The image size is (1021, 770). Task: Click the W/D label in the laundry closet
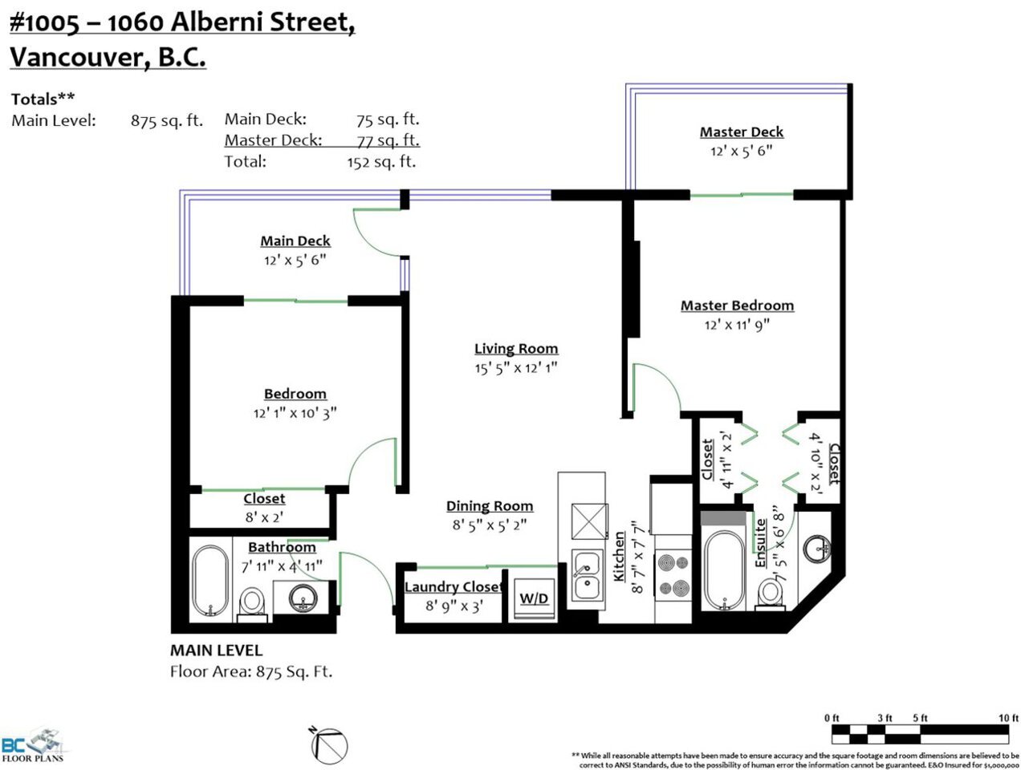coord(534,598)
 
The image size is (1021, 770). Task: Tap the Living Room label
coord(516,348)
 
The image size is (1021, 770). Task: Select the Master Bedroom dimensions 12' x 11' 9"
coord(737,324)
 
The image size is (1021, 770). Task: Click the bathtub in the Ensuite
coord(725,570)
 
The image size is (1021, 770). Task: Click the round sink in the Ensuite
coord(817,549)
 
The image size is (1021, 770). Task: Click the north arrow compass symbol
coord(328,746)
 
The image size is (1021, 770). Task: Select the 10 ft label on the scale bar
coord(1008,718)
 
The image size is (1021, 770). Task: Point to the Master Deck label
coord(742,132)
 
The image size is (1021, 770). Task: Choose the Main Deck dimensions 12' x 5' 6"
coord(295,260)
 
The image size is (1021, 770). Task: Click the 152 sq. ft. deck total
coord(381,162)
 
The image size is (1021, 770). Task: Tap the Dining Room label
coord(490,505)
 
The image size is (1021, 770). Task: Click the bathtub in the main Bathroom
coord(210,580)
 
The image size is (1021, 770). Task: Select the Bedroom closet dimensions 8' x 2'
coord(264,517)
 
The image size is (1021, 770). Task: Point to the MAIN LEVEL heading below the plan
coord(216,650)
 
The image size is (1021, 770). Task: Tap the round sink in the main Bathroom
coord(303,598)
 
